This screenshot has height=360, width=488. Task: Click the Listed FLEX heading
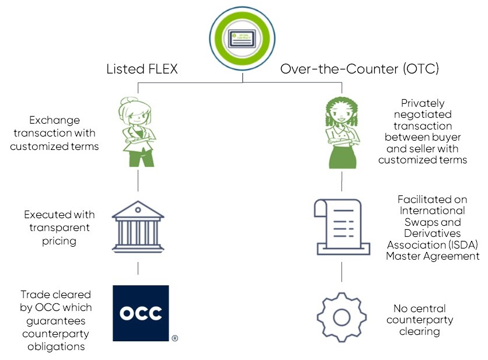click(x=141, y=69)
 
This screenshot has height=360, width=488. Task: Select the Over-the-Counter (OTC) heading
click(x=360, y=69)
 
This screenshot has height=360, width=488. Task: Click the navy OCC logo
click(x=141, y=313)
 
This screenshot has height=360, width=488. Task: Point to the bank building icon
click(x=138, y=227)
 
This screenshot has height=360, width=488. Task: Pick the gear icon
click(x=341, y=317)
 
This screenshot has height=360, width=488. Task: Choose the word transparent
click(x=60, y=227)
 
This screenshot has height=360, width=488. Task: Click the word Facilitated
click(x=425, y=200)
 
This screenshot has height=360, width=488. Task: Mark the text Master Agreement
click(x=433, y=256)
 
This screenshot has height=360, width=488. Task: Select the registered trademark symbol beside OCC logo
click(x=175, y=338)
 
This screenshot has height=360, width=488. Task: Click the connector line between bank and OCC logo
click(x=138, y=268)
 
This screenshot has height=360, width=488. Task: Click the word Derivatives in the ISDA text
click(x=432, y=233)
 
